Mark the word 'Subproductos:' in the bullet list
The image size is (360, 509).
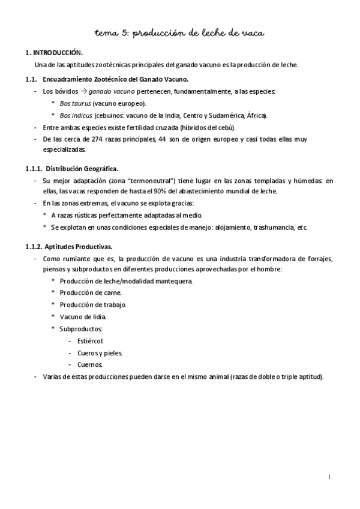point(81,328)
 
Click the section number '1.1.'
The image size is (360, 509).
point(31,79)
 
